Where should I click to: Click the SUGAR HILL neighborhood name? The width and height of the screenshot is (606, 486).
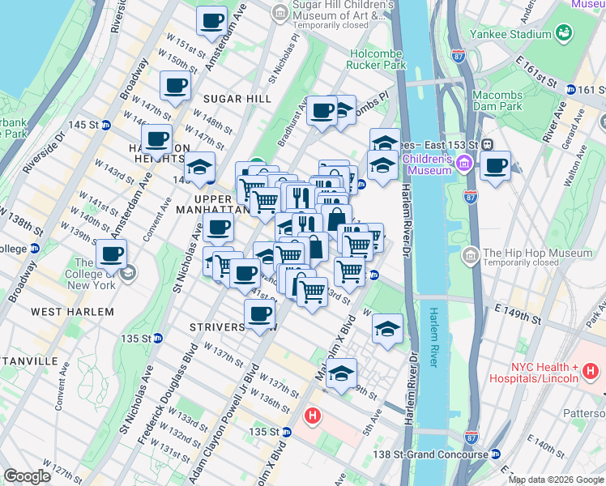[x=237, y=99]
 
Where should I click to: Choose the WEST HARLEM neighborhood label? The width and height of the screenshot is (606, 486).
[x=71, y=311]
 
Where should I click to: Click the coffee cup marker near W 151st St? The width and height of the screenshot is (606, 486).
[x=212, y=21]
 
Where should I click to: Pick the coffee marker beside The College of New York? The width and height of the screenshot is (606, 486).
[x=112, y=254]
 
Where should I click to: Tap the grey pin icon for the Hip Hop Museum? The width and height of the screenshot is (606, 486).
[x=470, y=257]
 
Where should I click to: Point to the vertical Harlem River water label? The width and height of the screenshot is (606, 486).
[x=434, y=337]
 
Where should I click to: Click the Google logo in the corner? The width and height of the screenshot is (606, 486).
[x=28, y=476]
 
